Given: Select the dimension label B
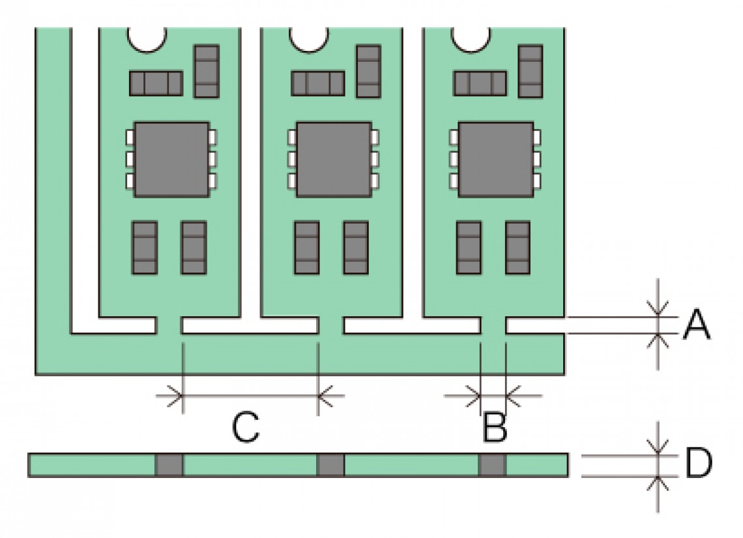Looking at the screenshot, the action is coord(495,427).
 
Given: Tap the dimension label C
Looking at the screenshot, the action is coord(246,427).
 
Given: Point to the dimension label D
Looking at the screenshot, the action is coord(699,462).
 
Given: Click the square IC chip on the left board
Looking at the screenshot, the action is coord(171,159).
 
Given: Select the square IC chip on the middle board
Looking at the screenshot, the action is coord(334,159).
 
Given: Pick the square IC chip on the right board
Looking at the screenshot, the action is coord(495,159).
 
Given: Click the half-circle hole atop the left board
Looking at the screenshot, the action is coord(147,39).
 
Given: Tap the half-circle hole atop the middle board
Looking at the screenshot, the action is coord(309,39).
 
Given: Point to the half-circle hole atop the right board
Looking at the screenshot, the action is coord(471,39).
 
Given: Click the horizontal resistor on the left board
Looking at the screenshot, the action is coord(156,83).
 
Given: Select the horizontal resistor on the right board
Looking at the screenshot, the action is coord(480,83).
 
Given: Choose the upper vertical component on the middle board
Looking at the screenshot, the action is coord(369,72).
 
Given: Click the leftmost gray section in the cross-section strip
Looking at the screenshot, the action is coord(169,465).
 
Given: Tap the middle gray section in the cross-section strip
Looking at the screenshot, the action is coord(330,465).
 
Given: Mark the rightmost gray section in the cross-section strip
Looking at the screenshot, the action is coord(492,465).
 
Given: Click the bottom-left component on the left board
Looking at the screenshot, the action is coord(145,248).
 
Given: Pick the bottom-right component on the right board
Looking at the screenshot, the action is coord(518,248).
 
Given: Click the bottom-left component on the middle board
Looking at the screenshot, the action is coord(307,248).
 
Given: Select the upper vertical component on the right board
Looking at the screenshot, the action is coord(531,72).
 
